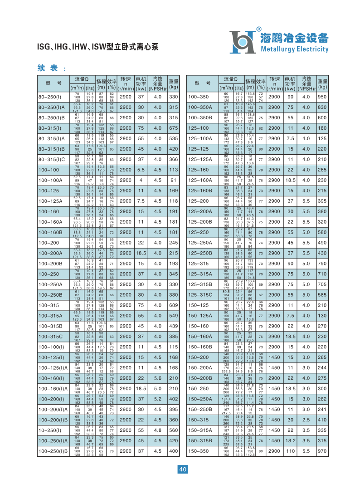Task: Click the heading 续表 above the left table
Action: coord(48,68)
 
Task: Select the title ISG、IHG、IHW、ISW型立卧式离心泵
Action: coord(97,47)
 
